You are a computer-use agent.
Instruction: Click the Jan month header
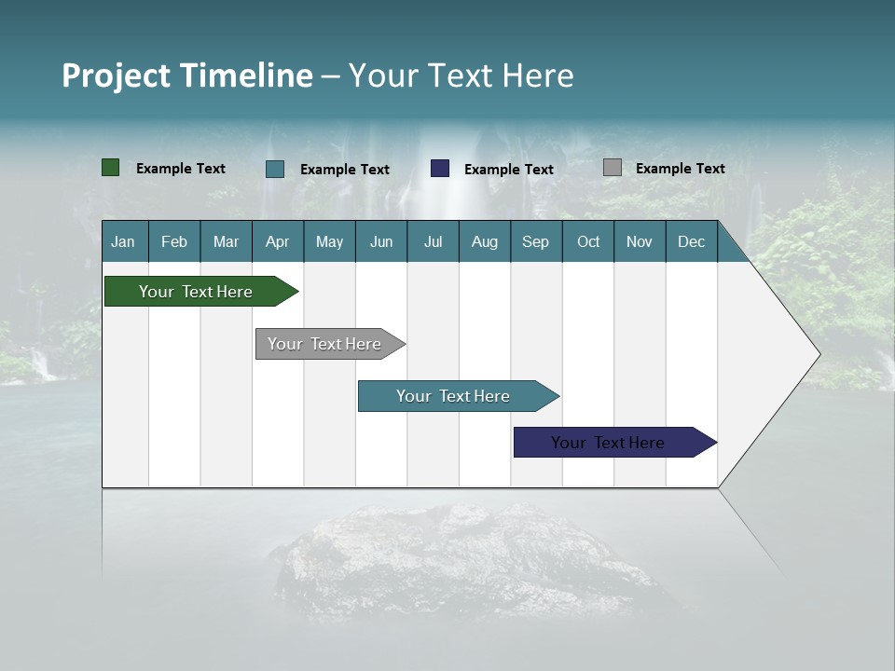(123, 241)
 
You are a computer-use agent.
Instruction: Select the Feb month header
(174, 241)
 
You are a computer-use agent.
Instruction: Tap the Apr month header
(278, 241)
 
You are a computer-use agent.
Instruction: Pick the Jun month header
(381, 241)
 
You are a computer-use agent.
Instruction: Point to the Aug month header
(485, 241)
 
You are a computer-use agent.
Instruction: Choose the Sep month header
(535, 241)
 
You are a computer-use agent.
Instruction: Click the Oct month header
(588, 241)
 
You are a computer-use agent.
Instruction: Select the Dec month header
(692, 241)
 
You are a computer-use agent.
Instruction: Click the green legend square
(111, 168)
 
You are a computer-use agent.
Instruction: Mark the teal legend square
(275, 169)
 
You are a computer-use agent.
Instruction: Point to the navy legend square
(440, 169)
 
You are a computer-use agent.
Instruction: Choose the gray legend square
(613, 168)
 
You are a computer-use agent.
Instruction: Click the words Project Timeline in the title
(187, 75)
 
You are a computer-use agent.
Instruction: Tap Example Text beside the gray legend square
(680, 169)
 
